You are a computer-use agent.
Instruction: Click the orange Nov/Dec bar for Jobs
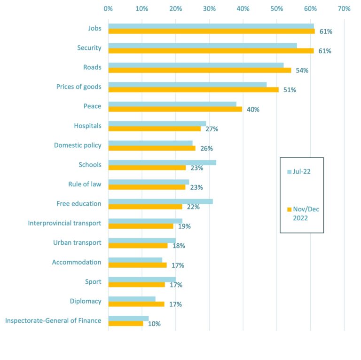pos(212,31)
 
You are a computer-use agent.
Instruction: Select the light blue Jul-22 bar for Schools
pos(162,162)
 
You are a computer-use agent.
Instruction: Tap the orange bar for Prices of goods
pos(193,89)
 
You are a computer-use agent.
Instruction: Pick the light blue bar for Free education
pos(160,201)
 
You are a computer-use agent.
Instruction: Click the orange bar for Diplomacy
pos(136,304)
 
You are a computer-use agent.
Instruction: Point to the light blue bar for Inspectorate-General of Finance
pos(128,319)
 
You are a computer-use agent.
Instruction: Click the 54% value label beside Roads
pos(302,71)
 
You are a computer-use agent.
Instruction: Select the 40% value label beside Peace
pos(253,110)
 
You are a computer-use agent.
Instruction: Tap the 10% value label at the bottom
pos(154,324)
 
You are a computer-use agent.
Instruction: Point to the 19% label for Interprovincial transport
pos(184,226)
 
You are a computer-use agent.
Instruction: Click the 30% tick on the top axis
pos(209,8)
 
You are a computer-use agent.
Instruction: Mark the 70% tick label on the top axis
pos(344,8)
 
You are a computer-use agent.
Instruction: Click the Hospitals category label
pos(87,126)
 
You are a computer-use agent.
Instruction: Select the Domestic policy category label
pos(78,145)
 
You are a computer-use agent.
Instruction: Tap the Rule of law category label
pos(85,184)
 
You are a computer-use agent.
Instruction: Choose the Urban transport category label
pos(77,243)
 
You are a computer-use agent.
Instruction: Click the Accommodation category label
pos(77,262)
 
